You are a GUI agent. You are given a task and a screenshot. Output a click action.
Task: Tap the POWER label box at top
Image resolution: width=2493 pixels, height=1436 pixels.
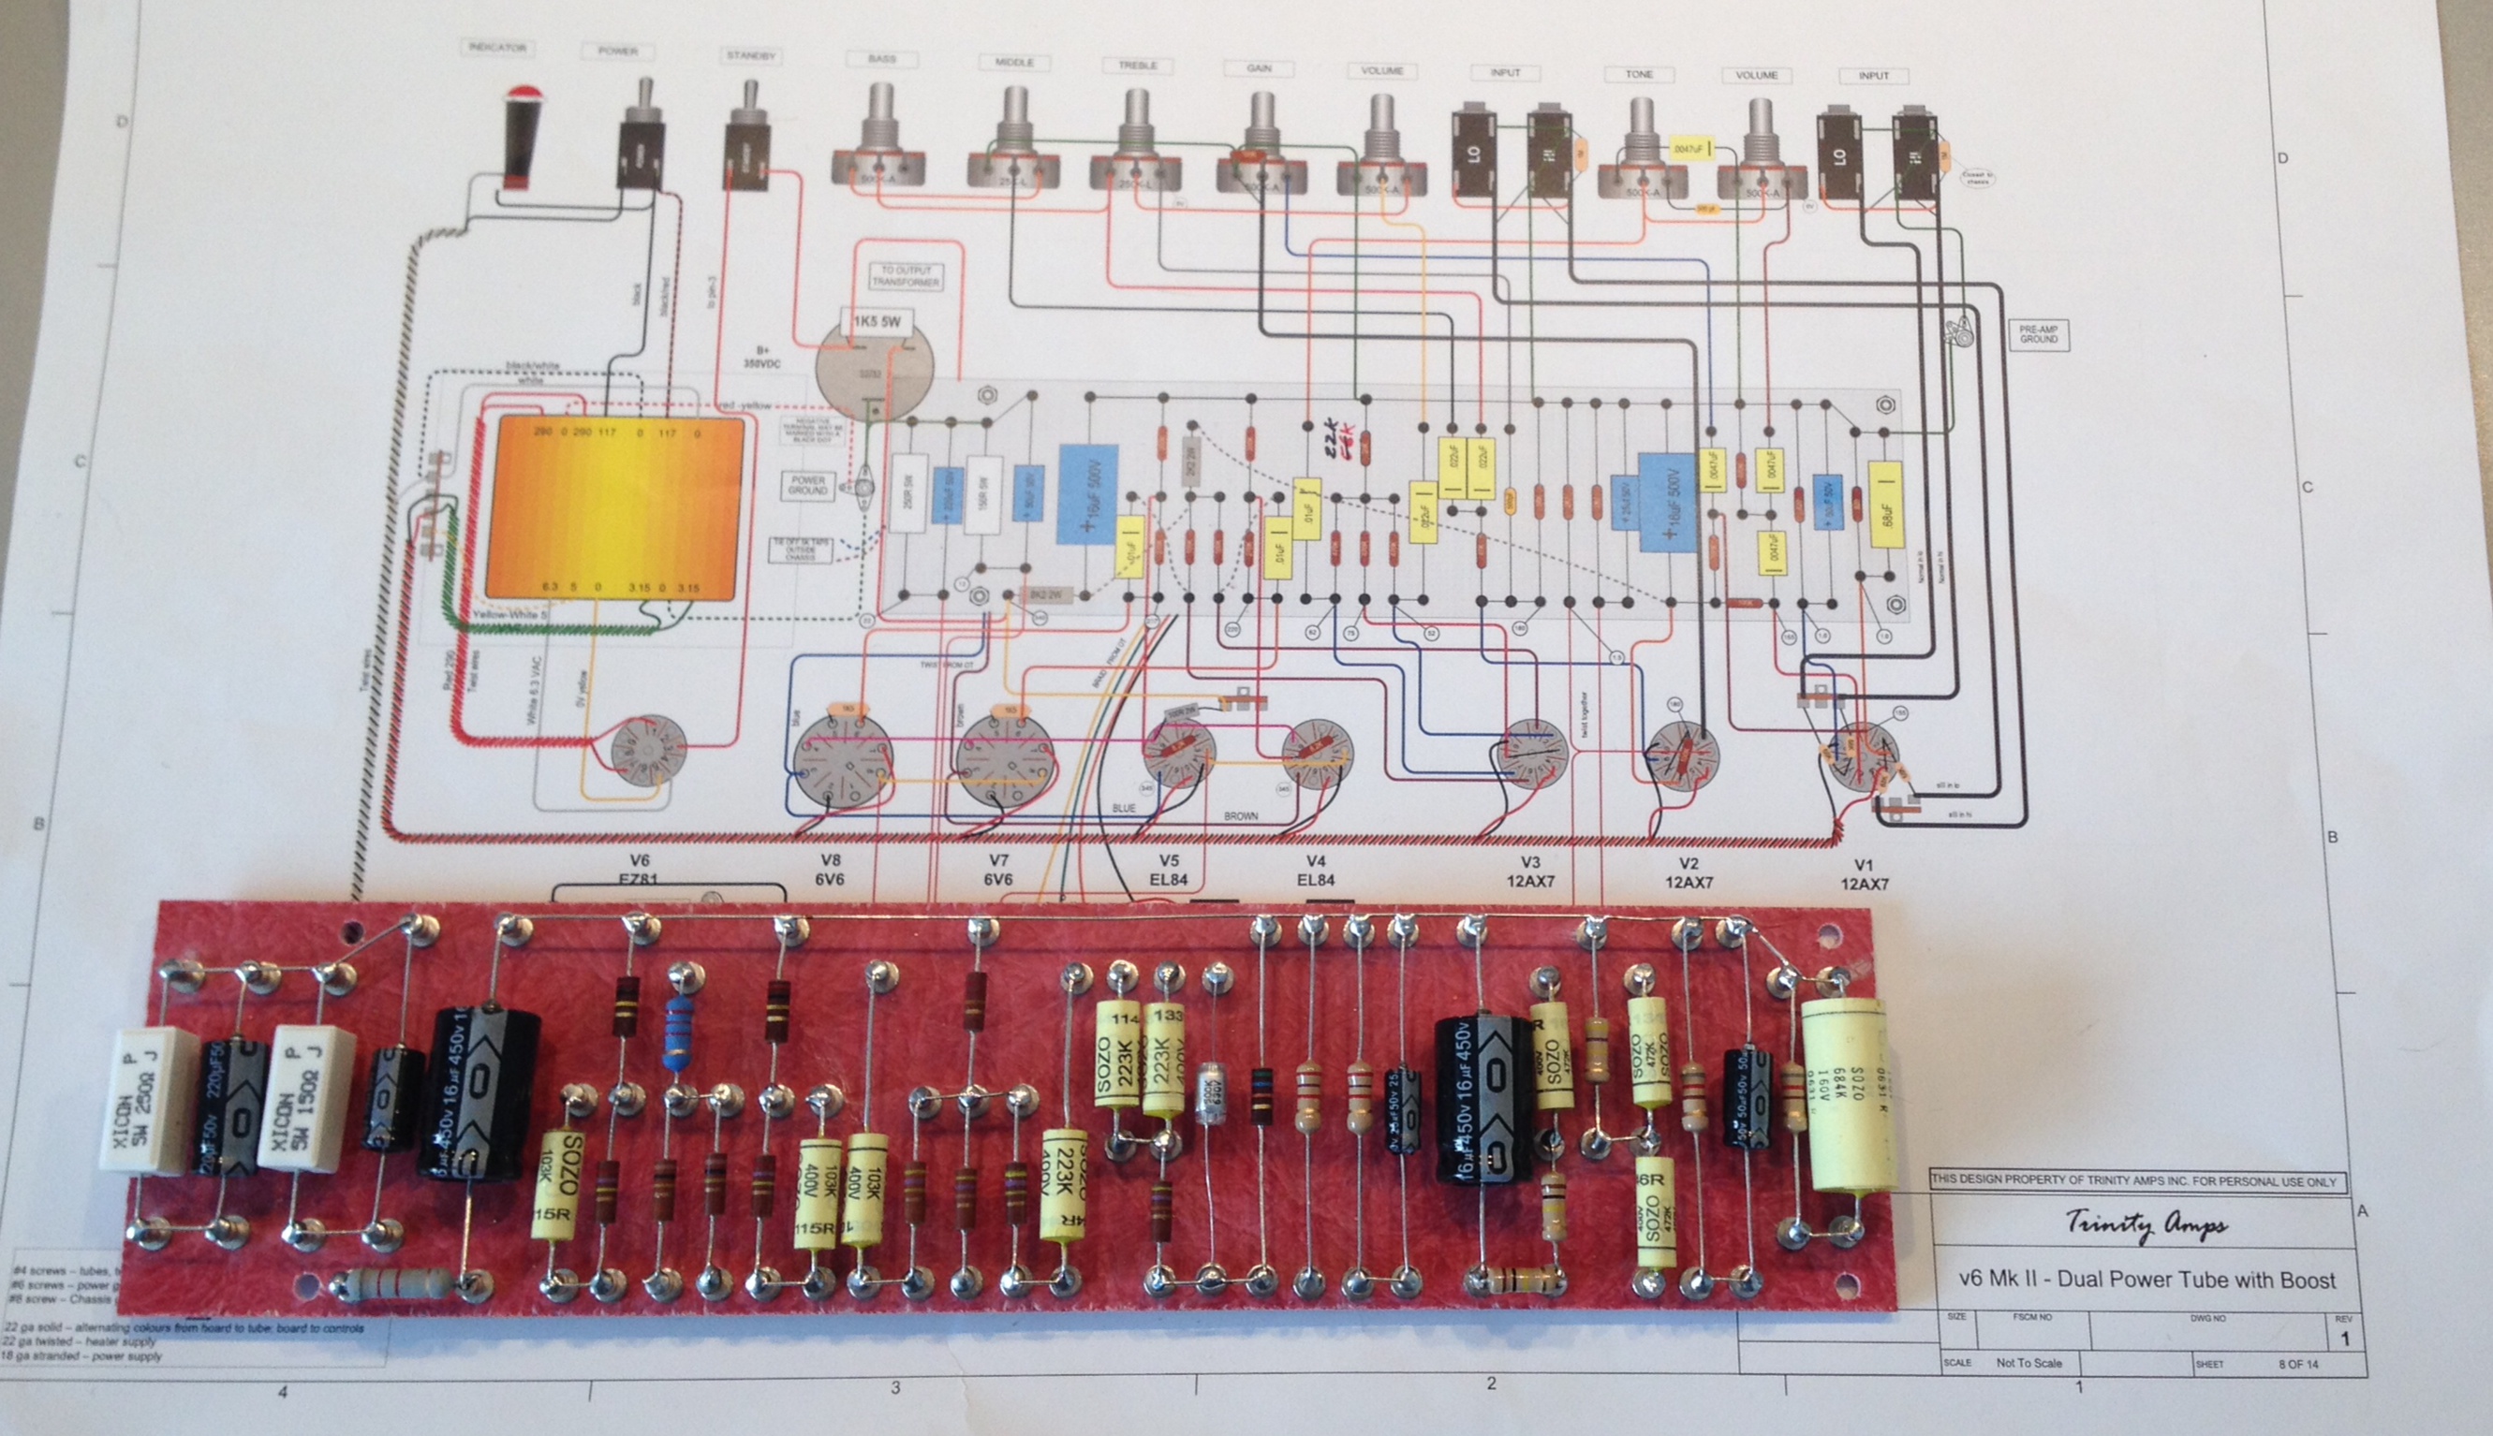coord(617,51)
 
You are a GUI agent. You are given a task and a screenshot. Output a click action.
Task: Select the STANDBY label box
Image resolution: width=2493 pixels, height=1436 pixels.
coord(751,56)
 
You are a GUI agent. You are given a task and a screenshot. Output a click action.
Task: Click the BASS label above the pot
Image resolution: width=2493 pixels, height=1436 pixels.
coord(881,59)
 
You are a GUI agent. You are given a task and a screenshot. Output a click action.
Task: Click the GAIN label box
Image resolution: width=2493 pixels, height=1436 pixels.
coord(1258,68)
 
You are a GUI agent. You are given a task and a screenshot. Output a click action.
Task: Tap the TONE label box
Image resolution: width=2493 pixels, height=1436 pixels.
coord(1639,74)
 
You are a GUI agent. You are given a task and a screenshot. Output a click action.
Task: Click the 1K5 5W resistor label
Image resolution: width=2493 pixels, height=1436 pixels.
coord(875,321)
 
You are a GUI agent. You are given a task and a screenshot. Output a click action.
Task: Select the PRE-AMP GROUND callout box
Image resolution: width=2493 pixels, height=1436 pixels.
coord(2038,334)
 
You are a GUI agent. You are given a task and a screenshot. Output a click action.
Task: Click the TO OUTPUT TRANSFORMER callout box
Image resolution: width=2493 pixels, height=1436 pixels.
coord(905,276)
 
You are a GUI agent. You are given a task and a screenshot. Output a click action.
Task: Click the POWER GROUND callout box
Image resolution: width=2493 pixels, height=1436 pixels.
coord(808,485)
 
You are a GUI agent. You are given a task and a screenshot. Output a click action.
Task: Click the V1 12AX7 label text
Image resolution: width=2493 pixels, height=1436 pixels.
coord(1864,873)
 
